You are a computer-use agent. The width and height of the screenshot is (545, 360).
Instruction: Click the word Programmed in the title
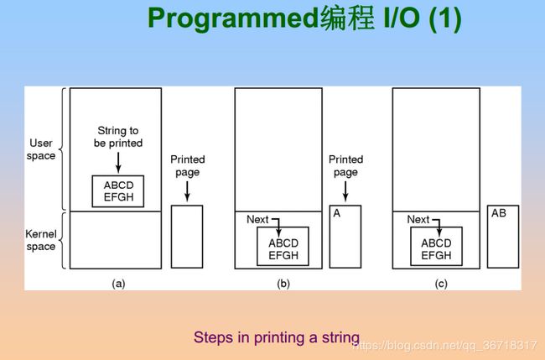coord(233,18)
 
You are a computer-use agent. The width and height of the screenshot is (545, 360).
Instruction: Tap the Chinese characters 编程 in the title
coord(347,18)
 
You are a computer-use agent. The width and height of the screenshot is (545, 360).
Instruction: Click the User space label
coord(41,149)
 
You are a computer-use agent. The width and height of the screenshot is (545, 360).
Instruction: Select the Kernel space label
coord(41,240)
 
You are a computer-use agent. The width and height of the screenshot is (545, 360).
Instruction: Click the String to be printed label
coord(118,137)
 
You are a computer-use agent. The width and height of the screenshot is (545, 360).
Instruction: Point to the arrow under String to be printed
coord(118,163)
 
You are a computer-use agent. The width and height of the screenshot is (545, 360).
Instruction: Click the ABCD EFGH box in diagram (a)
coord(118,191)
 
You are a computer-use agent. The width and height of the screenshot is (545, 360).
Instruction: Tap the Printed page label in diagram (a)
coord(187,166)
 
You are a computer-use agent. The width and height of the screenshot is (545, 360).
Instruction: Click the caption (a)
coord(118,284)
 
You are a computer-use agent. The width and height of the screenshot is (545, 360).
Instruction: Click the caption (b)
coord(283,284)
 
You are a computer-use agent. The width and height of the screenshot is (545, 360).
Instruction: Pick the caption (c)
coord(441,284)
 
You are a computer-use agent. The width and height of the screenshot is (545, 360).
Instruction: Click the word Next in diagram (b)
coord(257,220)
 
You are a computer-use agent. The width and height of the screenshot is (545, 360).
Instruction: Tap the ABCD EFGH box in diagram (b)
coord(283,246)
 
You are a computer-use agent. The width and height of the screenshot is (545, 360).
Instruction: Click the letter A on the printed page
coord(337,213)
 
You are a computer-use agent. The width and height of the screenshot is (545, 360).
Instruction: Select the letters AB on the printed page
coord(499,213)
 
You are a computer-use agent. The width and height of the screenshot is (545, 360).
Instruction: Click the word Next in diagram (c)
coord(418,220)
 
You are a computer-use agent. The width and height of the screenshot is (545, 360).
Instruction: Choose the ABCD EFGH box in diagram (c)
coord(437,246)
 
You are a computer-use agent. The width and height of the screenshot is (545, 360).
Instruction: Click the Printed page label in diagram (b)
coord(345,166)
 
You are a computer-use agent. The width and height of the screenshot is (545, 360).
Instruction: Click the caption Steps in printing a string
coord(277,337)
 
